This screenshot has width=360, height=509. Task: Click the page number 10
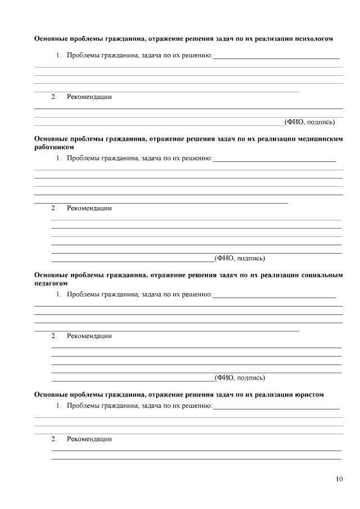339,479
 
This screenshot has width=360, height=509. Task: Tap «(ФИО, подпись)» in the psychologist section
310,121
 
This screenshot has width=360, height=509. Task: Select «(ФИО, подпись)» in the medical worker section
240,259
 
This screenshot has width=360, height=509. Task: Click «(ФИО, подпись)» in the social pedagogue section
240,377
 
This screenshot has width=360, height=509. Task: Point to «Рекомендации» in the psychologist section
89,97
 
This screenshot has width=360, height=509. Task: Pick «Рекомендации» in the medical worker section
89,208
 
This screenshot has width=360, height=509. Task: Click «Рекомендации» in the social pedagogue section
89,336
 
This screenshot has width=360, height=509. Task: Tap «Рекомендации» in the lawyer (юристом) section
89,439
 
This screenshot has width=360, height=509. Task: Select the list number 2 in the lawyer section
53,439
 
